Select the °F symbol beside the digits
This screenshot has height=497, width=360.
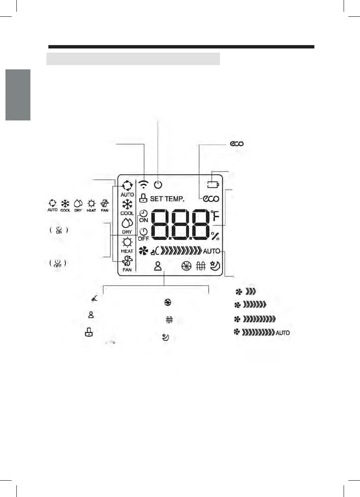pyautogui.click(x=215, y=216)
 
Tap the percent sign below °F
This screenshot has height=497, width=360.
pyautogui.click(x=215, y=236)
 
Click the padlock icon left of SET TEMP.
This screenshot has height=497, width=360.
pyautogui.click(x=143, y=198)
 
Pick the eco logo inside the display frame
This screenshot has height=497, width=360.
pyautogui.click(x=211, y=199)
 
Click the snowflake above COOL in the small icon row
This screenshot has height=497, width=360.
pyautogui.click(x=65, y=203)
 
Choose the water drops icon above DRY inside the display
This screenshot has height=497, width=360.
pyautogui.click(x=127, y=223)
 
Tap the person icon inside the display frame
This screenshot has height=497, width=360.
pyautogui.click(x=158, y=266)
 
